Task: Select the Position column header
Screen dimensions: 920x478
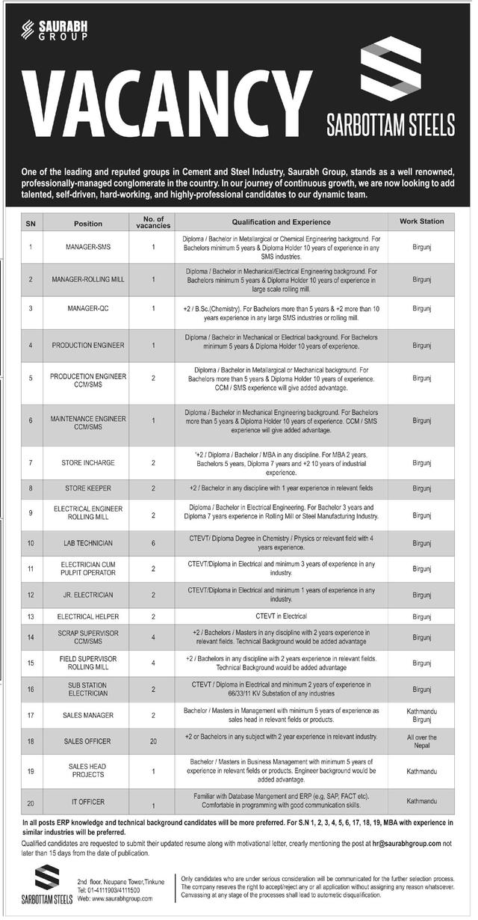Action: click(88, 223)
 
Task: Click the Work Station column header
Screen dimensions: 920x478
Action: click(421, 221)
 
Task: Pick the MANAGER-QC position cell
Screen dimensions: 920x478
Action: click(88, 308)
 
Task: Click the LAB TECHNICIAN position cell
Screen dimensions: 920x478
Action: click(88, 542)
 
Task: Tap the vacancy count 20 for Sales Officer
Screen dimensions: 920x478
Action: click(153, 741)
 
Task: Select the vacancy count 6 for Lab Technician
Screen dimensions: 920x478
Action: click(153, 542)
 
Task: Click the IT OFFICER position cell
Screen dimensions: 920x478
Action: click(88, 802)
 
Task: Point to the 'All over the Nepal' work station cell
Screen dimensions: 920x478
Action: click(421, 741)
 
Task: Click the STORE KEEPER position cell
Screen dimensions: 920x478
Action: click(88, 488)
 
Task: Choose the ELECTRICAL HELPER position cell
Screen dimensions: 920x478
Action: click(88, 617)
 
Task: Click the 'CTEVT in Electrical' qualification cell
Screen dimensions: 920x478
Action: click(281, 617)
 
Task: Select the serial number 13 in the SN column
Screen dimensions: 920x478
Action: click(31, 617)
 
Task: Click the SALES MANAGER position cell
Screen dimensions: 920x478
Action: click(88, 715)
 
